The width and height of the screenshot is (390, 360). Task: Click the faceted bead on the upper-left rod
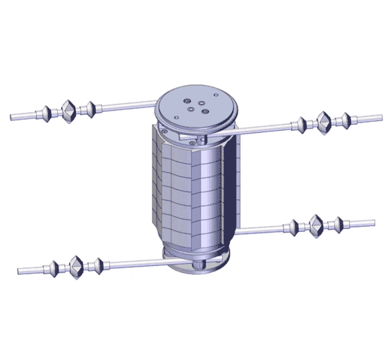point(68,111)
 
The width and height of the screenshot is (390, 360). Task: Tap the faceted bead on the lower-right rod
point(316,226)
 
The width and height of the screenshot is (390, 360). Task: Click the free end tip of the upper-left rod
point(12,115)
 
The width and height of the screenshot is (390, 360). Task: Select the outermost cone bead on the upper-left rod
point(47,112)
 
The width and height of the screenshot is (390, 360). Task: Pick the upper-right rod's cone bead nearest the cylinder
point(301,124)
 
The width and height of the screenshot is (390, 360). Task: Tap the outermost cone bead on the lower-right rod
point(338,224)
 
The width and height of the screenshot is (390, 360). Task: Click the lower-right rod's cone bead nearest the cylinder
point(294,226)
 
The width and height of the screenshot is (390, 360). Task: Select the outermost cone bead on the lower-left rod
point(54,268)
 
